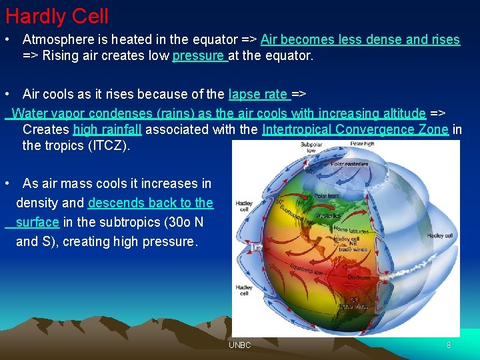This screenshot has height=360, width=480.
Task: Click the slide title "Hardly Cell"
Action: point(57,16)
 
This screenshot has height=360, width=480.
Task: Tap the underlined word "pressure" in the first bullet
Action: point(199,56)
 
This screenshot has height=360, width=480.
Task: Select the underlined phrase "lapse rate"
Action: point(258,95)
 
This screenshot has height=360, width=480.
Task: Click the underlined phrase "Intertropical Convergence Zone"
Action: point(356,129)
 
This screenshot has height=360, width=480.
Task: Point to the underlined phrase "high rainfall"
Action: point(107,129)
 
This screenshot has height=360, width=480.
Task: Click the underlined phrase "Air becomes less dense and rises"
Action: point(360,40)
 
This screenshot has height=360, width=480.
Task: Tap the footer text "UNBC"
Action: point(239,345)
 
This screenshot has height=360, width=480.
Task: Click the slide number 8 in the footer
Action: point(449,345)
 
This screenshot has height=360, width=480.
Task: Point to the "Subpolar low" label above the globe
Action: point(311,147)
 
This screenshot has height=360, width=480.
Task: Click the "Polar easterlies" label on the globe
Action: point(349,164)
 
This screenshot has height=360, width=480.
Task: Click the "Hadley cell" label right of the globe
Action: point(439,235)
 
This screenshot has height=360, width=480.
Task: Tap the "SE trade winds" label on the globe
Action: point(353,303)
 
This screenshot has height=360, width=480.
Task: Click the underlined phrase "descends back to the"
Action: point(150,203)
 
